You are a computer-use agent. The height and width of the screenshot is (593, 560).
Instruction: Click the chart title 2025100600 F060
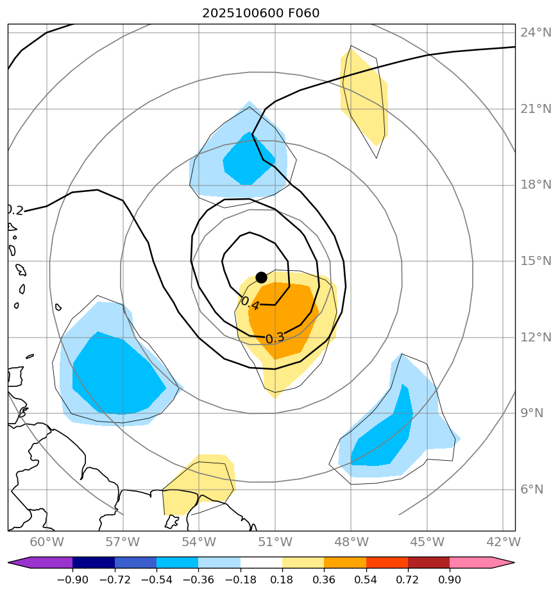(260, 13)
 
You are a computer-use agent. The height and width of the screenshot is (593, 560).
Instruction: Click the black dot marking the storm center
(261, 277)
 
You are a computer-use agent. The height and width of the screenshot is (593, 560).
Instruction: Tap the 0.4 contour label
(250, 303)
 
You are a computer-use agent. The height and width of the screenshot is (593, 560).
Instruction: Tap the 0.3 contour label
(275, 338)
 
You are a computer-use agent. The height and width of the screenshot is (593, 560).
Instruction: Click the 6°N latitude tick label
(532, 490)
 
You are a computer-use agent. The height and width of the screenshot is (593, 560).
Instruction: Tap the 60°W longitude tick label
(46, 542)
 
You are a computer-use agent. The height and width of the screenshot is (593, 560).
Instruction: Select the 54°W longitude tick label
(198, 542)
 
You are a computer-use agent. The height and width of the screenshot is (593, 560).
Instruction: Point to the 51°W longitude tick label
(275, 542)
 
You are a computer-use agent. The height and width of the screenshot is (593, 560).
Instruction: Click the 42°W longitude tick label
(503, 542)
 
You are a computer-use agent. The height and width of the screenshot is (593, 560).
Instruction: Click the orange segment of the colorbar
(344, 563)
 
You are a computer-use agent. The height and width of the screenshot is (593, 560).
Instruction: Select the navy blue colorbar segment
(94, 563)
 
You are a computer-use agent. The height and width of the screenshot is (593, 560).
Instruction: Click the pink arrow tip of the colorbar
(504, 563)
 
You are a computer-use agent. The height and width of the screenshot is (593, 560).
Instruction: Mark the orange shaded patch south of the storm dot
(282, 318)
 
